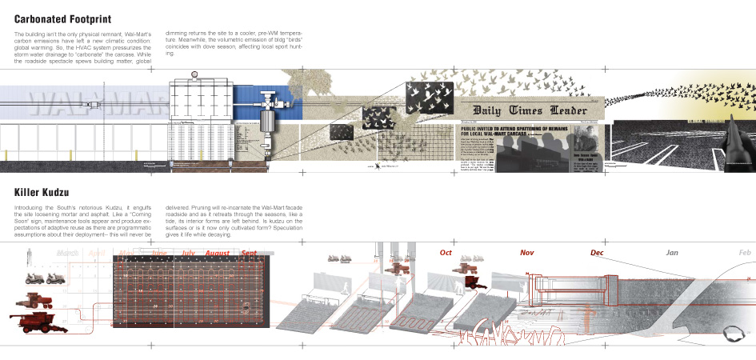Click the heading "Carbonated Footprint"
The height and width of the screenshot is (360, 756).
62,18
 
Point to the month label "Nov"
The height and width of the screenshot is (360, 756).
527,253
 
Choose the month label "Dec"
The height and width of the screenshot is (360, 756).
597,253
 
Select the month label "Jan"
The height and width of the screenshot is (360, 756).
674,253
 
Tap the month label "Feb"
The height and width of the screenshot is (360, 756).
745,253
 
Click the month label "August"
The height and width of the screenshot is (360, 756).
217,254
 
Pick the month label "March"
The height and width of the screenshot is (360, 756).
71,254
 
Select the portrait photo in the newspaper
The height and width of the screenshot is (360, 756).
586,140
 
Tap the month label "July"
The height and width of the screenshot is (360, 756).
188,254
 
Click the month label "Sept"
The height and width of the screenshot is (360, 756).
248,254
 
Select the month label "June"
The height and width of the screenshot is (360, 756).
159,254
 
